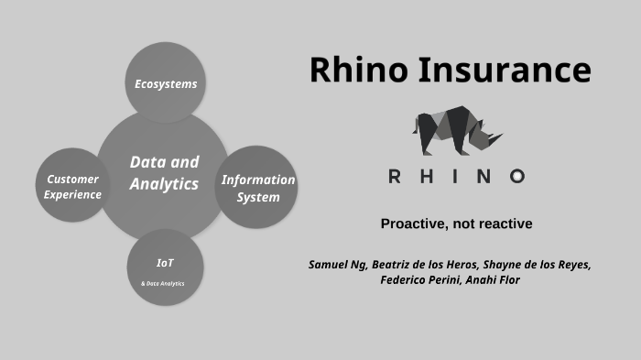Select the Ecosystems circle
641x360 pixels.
tap(165, 83)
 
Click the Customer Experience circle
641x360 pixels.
tap(72, 186)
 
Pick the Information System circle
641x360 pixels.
tap(257, 188)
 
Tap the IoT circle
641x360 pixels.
tap(165, 267)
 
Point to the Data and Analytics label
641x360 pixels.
tap(164, 172)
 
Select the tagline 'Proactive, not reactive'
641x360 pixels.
tap(456, 224)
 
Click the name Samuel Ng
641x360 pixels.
tap(339, 265)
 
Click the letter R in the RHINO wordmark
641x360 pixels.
tap(396, 177)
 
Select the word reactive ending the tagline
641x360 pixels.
tap(505, 224)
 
